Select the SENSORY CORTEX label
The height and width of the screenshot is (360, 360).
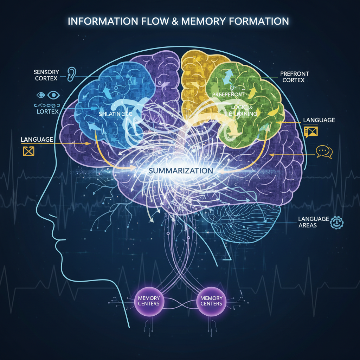(x=46, y=75)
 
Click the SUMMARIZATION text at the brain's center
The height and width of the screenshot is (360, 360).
(x=181, y=171)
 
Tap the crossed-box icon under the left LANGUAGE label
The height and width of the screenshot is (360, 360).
(x=27, y=151)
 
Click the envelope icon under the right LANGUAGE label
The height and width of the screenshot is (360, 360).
(x=311, y=131)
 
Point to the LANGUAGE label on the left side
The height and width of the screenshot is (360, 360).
(x=37, y=140)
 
